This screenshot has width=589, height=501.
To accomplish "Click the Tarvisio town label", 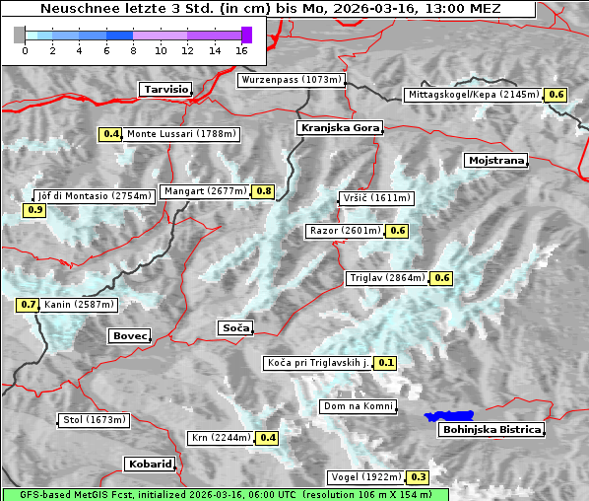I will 165,89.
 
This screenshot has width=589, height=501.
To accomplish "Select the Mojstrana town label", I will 496,160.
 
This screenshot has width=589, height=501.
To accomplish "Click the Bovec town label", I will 129,336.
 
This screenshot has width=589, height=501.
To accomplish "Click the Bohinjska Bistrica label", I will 491,429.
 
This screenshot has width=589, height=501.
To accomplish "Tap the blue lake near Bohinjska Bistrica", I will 448,416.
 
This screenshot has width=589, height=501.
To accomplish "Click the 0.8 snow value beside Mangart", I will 263,191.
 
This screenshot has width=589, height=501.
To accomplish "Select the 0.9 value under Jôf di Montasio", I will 35,210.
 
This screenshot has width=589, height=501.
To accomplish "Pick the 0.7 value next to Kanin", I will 29,305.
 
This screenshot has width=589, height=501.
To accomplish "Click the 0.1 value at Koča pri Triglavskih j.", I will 386,363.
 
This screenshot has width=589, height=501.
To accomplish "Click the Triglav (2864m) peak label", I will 387,278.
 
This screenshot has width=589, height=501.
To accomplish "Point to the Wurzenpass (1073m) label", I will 292,80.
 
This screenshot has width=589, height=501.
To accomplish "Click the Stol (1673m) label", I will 95,420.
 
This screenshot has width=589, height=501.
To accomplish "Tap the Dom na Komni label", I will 358,406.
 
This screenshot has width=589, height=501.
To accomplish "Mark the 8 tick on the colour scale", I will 133,49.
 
